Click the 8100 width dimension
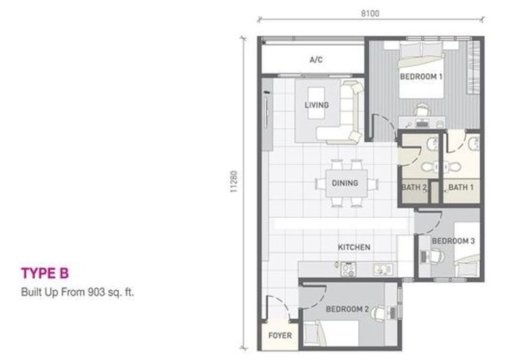(x=370, y=13)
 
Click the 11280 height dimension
(x=234, y=182)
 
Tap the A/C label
(x=316, y=60)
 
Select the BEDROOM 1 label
(x=421, y=76)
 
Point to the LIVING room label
(x=316, y=105)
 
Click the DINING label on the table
(x=345, y=183)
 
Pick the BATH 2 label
(x=414, y=188)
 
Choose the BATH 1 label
(x=461, y=188)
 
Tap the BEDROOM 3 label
(x=453, y=241)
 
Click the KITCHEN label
(x=354, y=247)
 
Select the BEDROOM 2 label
(x=347, y=309)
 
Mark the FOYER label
(x=280, y=336)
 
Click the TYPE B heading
(x=45, y=273)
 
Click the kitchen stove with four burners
(x=348, y=269)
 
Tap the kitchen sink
(x=383, y=269)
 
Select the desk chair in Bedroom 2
(x=378, y=313)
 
